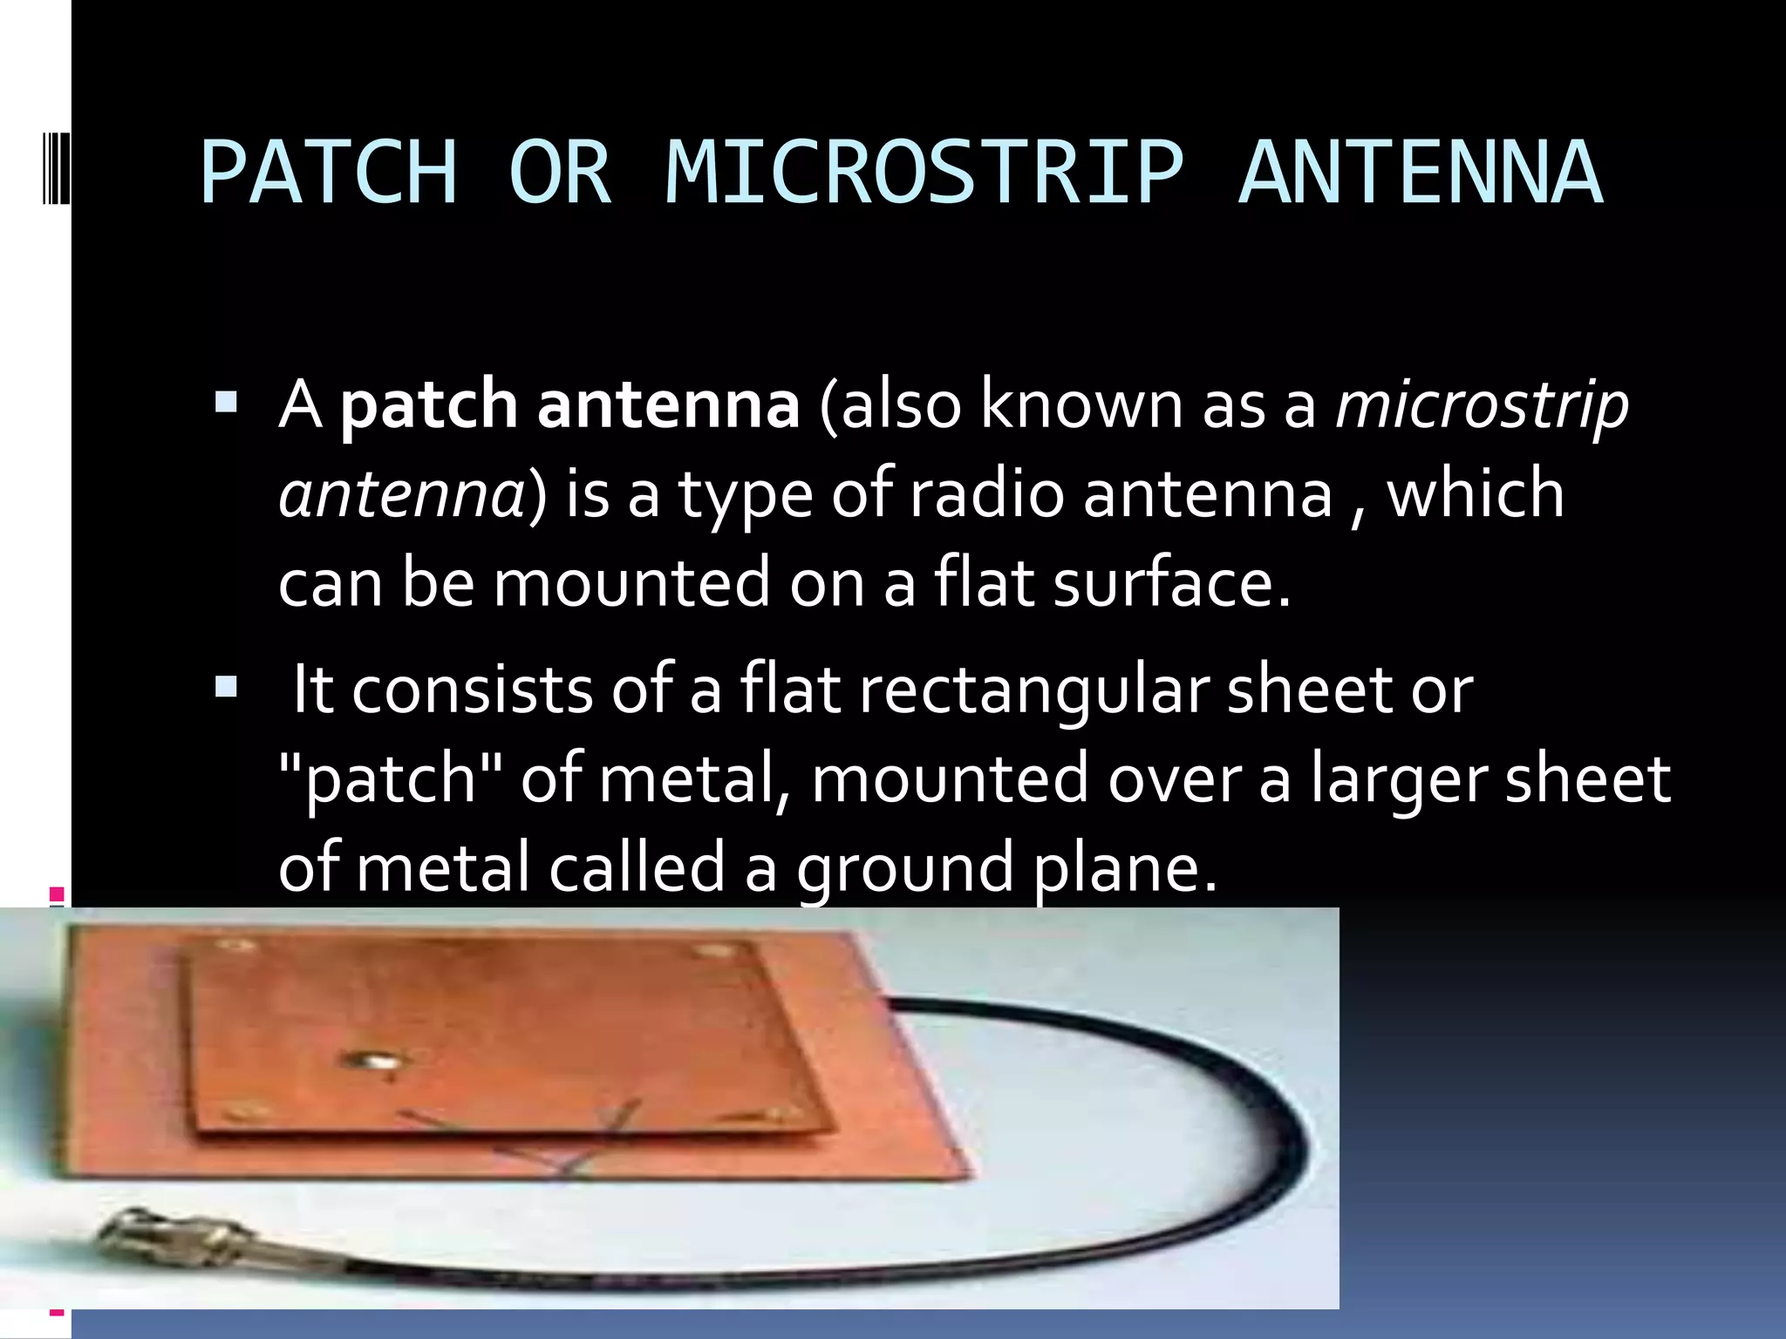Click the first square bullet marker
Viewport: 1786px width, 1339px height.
pos(226,402)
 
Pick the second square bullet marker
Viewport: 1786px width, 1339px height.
pos(226,688)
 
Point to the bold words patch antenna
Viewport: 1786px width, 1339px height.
pos(569,406)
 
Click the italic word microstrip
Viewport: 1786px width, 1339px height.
pos(1482,406)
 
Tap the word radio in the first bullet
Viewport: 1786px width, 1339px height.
pos(986,494)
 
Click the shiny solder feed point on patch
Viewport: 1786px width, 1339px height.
pos(376,1061)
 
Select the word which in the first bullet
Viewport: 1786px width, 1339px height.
pos(1476,494)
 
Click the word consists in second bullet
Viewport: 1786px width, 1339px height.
pos(471,690)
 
